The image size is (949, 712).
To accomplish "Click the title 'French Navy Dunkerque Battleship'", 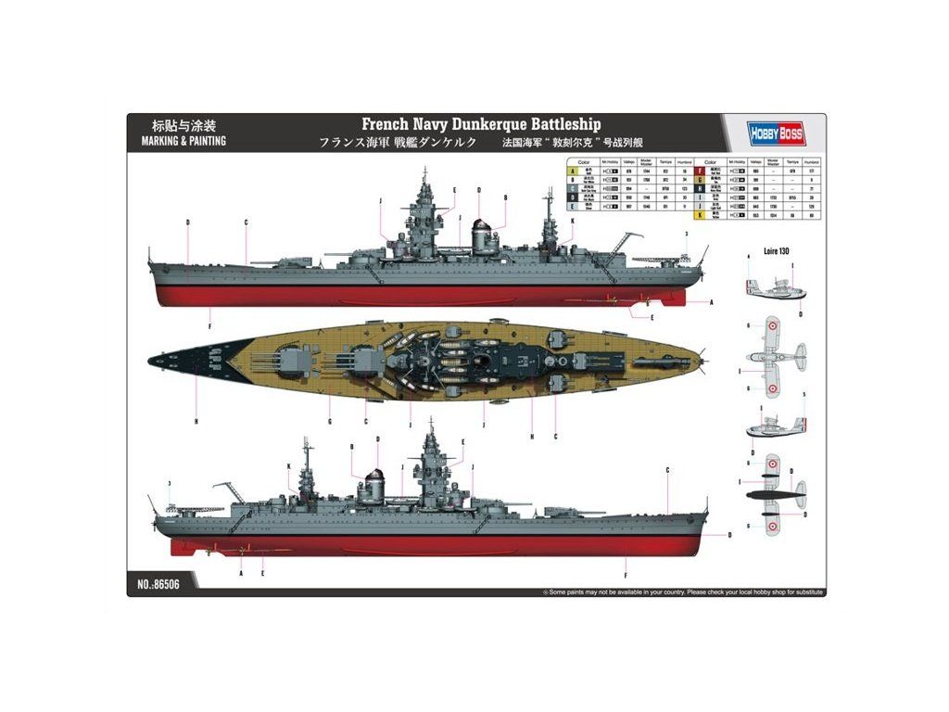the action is pos(481,124).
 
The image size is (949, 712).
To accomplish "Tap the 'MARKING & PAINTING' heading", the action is pos(184,142).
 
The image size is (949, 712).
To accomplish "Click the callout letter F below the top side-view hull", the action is pos(210,325).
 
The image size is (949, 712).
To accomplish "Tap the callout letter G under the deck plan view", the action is pos(329,422).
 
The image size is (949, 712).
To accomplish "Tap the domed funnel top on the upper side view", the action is pos(481,226).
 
